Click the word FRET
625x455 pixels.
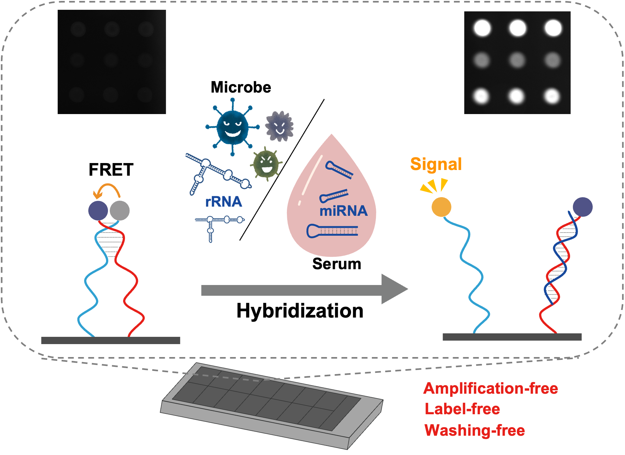(x=111, y=170)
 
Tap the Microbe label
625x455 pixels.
(x=241, y=87)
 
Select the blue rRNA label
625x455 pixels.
(x=223, y=202)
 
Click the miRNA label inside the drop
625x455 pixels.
(x=343, y=211)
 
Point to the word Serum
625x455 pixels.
(x=336, y=264)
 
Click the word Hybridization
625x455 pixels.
(x=300, y=311)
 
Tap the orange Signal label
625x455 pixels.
(x=436, y=164)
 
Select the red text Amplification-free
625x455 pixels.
(x=491, y=388)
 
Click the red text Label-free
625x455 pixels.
(x=462, y=409)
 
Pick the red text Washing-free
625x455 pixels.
(x=475, y=430)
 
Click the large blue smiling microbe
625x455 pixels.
(x=233, y=127)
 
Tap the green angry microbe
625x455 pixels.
(x=266, y=164)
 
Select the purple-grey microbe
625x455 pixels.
(x=279, y=126)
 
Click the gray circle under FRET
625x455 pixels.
(x=120, y=210)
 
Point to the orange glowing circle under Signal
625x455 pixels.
(x=441, y=207)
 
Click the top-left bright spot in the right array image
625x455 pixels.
(x=482, y=28)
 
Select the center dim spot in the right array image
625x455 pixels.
(x=517, y=60)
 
